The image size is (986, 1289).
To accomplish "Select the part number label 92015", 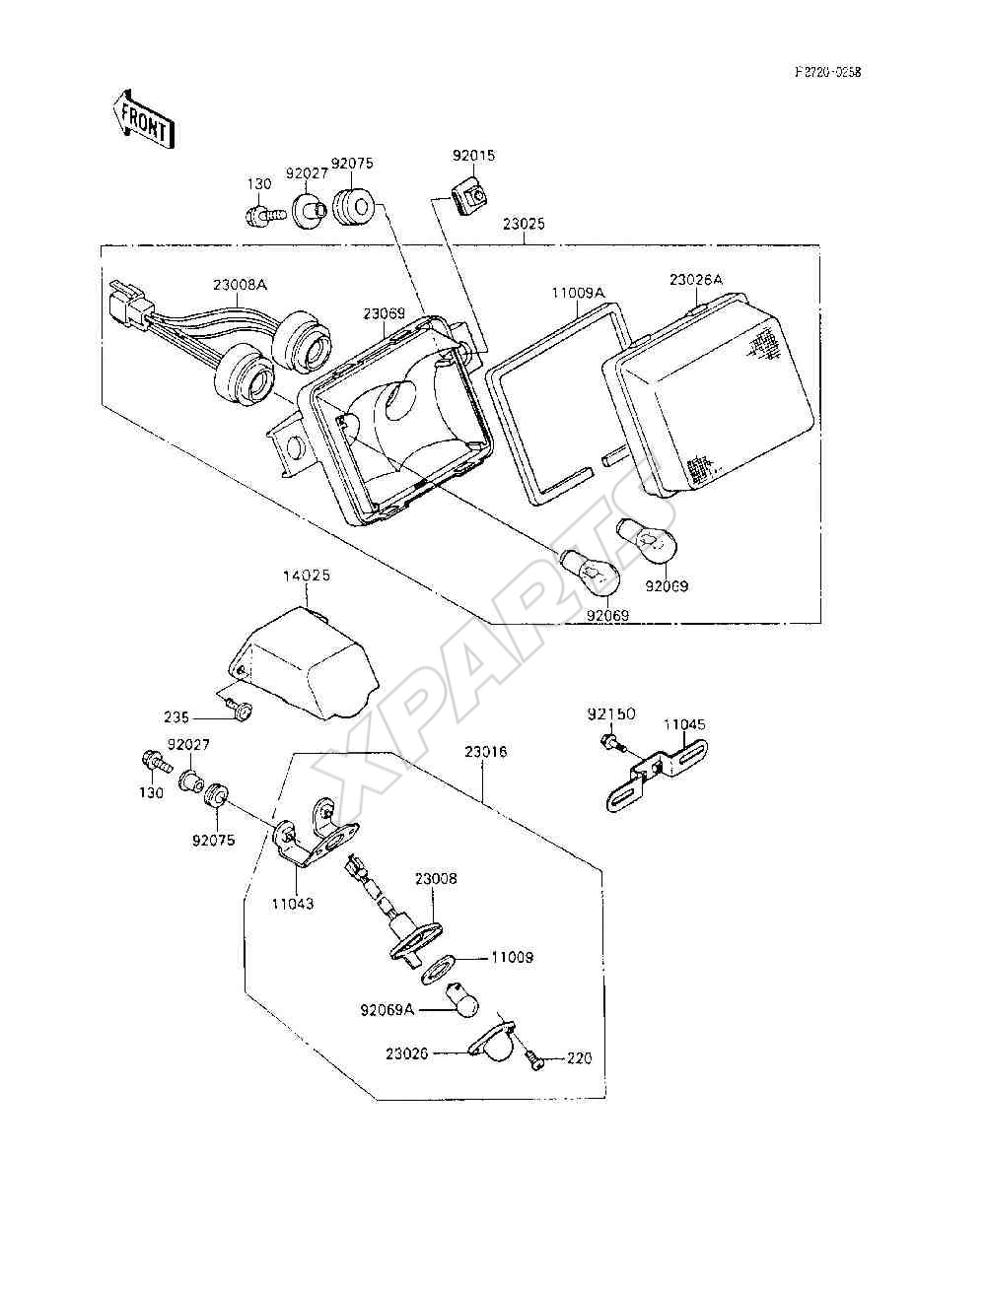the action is pos(473,156).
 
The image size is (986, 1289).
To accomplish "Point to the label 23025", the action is pos(524,224).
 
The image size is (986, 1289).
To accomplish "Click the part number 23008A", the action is pos(240,285).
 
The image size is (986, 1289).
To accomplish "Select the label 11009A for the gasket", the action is pos(578,293).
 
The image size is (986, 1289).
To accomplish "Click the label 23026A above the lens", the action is pos(696,280).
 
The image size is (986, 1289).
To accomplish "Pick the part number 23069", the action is pos(384,313).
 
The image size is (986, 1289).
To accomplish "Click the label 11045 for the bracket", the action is pos(684,724).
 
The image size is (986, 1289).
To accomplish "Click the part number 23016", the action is pos(485,752).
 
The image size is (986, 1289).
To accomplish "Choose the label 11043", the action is pos(292,904).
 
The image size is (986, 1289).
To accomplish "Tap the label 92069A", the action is pos(387,1010).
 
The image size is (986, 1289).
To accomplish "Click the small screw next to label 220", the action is pos(536,1058).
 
